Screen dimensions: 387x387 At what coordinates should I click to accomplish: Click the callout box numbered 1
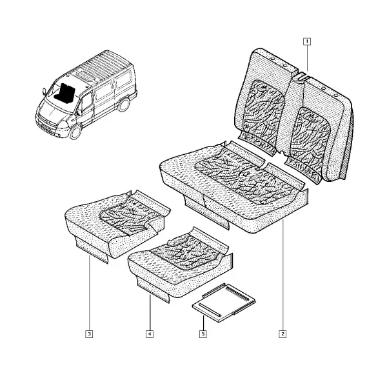307,41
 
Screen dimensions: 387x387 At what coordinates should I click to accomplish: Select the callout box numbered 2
283,334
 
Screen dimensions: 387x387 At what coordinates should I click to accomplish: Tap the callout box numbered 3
89,334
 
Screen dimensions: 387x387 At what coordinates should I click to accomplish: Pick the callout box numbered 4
150,334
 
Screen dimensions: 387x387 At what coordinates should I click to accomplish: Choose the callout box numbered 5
203,334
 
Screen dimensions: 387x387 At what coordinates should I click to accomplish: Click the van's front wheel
75,132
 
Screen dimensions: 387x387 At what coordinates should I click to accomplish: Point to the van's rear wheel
124,104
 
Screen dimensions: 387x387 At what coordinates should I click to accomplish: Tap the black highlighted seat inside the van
65,93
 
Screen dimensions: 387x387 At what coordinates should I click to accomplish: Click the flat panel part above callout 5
224,303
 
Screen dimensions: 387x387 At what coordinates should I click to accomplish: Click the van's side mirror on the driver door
79,112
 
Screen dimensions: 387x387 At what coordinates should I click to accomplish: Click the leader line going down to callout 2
283,275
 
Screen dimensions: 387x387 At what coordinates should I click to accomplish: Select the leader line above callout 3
90,293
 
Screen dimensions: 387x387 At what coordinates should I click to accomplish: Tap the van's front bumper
48,126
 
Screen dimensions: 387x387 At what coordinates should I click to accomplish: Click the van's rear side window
123,78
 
